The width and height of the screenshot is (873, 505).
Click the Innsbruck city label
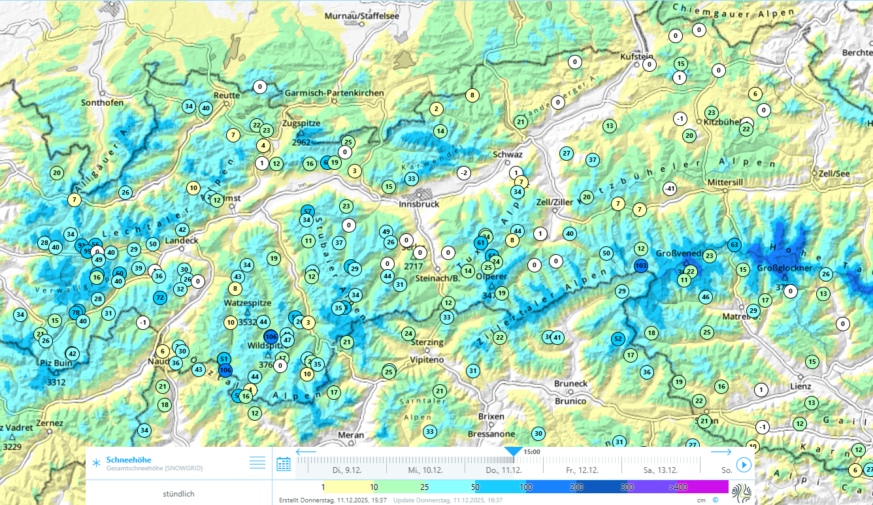pos(419,204)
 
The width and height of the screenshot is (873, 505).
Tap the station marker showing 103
pos(641,265)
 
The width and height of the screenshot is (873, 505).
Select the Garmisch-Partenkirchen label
pos(334,93)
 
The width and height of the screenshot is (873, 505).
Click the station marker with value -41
pos(669,189)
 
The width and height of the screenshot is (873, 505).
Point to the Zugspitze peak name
pos(301,123)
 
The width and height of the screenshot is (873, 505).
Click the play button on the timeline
pos(744,464)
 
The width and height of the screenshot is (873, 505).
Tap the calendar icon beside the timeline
pos(284,464)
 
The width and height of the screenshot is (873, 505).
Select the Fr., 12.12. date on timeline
pos(582,470)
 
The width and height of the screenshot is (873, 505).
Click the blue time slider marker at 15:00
pos(514,451)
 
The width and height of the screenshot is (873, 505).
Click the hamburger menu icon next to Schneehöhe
pos(257,463)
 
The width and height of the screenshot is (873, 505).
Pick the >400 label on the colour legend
pos(678,487)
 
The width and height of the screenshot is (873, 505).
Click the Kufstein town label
pos(636,56)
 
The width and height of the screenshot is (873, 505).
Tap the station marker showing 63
pos(734,245)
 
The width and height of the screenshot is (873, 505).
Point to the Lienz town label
pos(800,387)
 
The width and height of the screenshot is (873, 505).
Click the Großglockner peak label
pos(785,268)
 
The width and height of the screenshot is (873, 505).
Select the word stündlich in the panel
pos(178,494)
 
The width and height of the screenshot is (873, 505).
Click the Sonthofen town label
pos(102,103)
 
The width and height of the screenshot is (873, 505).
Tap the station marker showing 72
pos(160,297)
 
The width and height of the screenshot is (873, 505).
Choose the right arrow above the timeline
pos(721,452)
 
